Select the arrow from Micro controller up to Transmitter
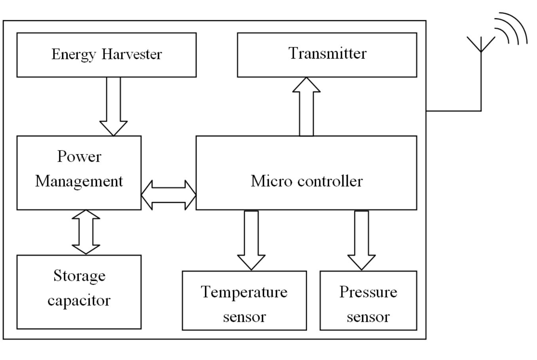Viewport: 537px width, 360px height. click(306, 107)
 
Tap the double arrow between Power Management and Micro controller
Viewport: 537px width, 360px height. click(169, 195)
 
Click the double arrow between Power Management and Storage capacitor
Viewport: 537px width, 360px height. click(86, 232)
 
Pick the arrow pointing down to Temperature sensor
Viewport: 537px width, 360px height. click(251, 240)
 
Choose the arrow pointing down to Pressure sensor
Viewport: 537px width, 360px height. click(361, 240)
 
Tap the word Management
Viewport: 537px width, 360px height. click(79, 181)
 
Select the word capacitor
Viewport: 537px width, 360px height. click(79, 300)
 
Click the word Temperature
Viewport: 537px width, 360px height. click(244, 292)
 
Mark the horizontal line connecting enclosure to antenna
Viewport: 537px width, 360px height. click(453, 111)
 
